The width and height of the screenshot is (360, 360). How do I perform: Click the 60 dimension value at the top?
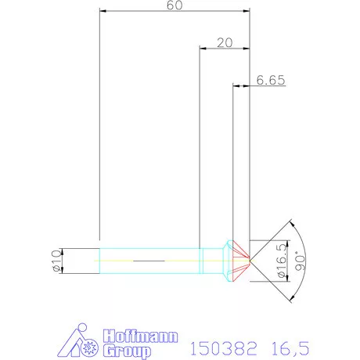click(x=174, y=6)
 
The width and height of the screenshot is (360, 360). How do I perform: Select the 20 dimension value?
click(x=225, y=42)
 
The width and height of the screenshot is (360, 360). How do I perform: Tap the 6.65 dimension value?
click(x=269, y=80)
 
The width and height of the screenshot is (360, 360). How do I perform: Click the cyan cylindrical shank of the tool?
click(x=149, y=260)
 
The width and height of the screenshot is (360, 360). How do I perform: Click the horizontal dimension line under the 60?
click(x=174, y=12)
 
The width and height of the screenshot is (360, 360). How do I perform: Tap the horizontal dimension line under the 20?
click(x=225, y=49)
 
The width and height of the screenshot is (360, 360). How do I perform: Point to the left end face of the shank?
click(x=101, y=260)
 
